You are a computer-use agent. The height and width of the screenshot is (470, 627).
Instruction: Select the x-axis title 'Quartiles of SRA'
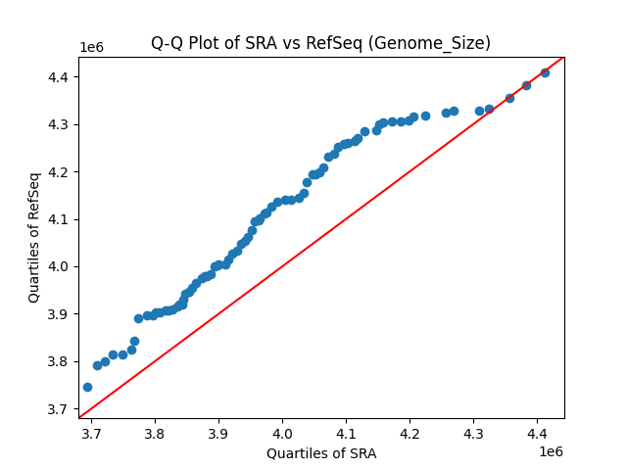pyautogui.click(x=320, y=453)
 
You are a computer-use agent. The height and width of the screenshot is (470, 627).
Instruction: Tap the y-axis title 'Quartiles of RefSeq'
pyautogui.click(x=34, y=237)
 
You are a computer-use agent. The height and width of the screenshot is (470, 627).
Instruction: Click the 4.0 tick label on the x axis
pyautogui.click(x=282, y=432)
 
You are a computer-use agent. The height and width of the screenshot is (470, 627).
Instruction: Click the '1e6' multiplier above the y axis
pyautogui.click(x=92, y=48)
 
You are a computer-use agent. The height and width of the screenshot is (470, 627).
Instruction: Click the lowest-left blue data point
pyautogui.click(x=87, y=387)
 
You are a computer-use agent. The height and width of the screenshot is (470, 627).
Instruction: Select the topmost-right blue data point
pyautogui.click(x=545, y=72)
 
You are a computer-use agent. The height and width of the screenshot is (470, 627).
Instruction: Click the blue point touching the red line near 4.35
pyautogui.click(x=509, y=98)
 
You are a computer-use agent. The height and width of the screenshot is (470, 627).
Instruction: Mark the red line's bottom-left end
pyautogui.click(x=79, y=417)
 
